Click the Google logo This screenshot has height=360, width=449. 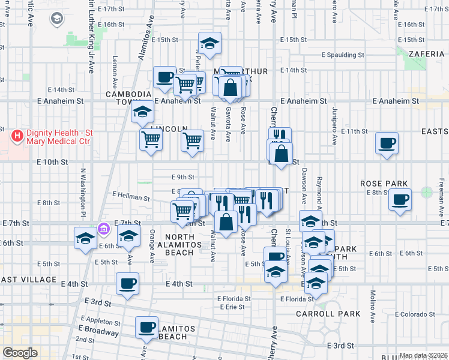(x=20, y=353)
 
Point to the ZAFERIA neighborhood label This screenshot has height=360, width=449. (x=426, y=54)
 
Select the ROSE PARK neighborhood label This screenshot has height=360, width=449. (x=384, y=184)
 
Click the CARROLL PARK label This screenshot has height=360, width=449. (x=328, y=314)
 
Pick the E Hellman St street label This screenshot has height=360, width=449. (x=131, y=196)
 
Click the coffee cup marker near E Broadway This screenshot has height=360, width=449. (x=146, y=327)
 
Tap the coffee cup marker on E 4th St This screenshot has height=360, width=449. (x=127, y=283)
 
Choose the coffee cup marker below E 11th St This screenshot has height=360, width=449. (x=387, y=143)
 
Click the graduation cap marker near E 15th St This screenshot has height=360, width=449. (x=209, y=43)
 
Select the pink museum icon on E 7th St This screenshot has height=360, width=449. (x=104, y=229)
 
